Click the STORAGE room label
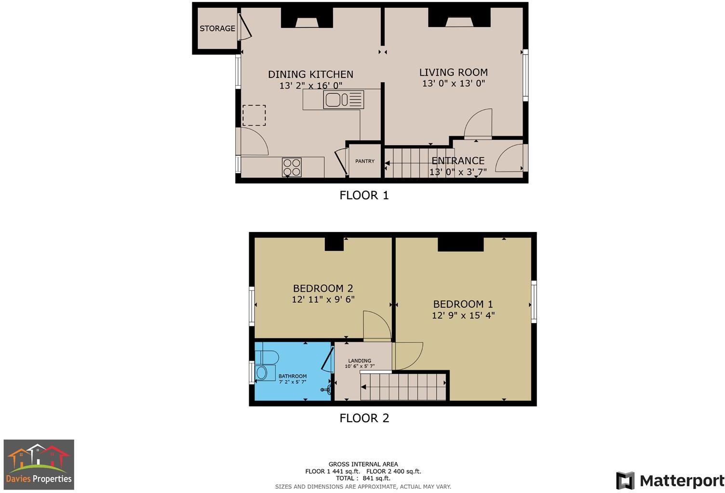(217, 28)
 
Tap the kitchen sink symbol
(344, 100)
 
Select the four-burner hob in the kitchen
(292, 168)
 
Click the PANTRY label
(365, 161)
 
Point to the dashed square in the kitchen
(254, 115)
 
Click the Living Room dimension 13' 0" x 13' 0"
(453, 83)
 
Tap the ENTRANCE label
(457, 161)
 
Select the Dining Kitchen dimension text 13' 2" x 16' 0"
(310, 86)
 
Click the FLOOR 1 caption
(364, 195)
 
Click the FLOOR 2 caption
(364, 418)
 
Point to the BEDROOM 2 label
(323, 288)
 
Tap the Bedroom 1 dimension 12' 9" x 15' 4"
(463, 316)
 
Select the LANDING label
(360, 361)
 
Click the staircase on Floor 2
(403, 387)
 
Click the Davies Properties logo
(39, 464)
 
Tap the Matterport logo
(670, 480)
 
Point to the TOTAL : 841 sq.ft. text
(363, 479)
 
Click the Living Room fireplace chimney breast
(459, 19)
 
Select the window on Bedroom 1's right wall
(534, 302)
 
